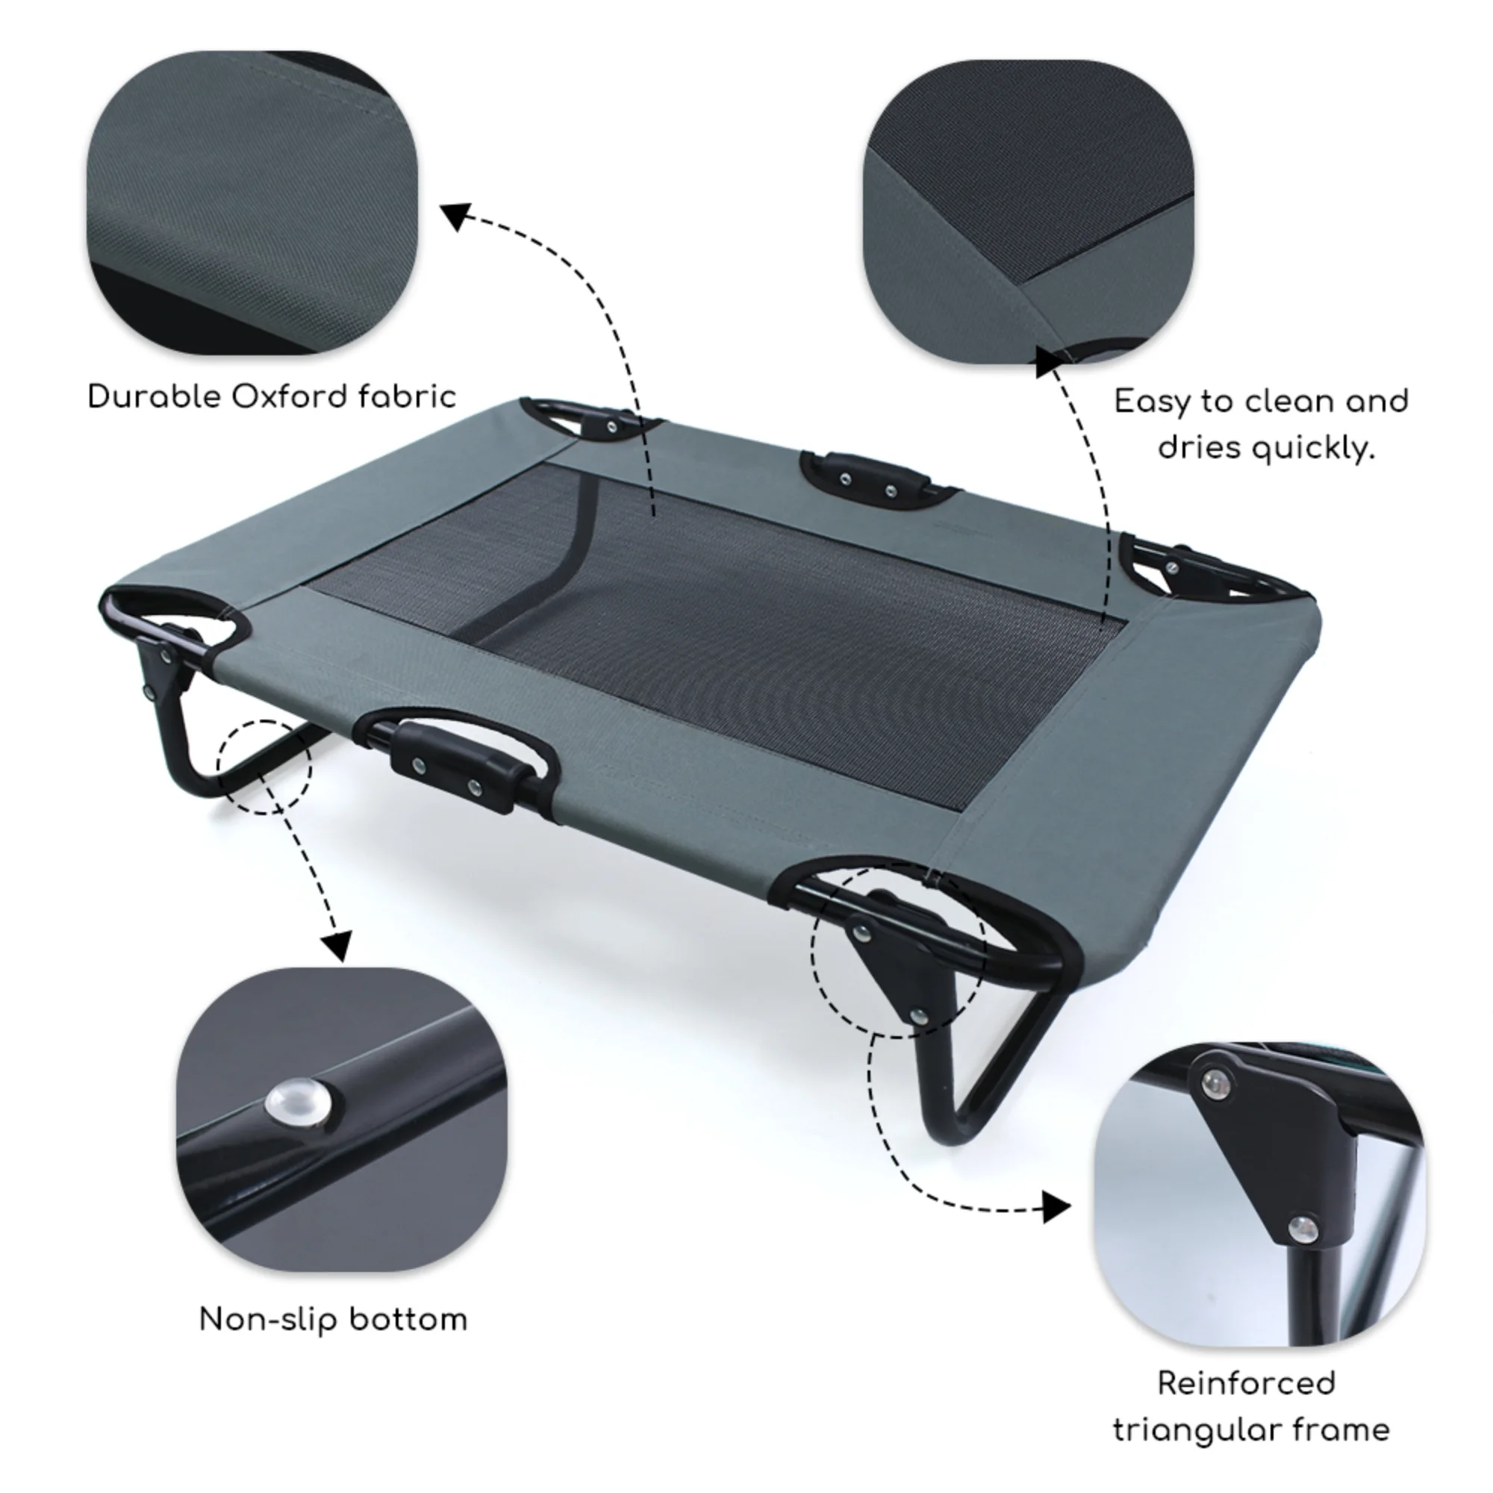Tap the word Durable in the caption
click(154, 397)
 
